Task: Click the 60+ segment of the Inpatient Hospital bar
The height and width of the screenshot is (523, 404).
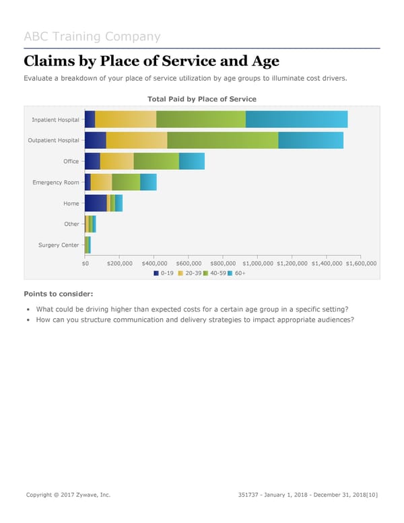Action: pyautogui.click(x=296, y=119)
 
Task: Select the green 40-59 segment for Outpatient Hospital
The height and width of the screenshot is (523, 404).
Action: pyautogui.click(x=222, y=140)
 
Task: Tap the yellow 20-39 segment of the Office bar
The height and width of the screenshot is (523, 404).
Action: pyautogui.click(x=116, y=161)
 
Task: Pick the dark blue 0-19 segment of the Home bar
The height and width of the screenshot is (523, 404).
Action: pyautogui.click(x=95, y=203)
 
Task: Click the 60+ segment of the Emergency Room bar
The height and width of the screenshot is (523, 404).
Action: pyautogui.click(x=148, y=182)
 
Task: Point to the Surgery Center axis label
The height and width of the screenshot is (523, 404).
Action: pyautogui.click(x=59, y=245)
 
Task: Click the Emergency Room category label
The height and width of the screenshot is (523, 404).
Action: pyautogui.click(x=55, y=183)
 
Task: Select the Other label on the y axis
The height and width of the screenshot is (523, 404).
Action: pyautogui.click(x=71, y=224)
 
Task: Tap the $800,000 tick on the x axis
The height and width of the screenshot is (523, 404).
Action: pyautogui.click(x=223, y=264)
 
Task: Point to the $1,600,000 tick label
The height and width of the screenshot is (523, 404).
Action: pyautogui.click(x=361, y=264)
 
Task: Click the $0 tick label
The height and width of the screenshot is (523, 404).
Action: pyautogui.click(x=85, y=264)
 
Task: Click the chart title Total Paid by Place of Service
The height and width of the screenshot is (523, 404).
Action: pyautogui.click(x=201, y=99)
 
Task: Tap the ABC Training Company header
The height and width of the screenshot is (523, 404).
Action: pyautogui.click(x=92, y=36)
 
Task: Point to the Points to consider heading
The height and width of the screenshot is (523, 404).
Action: pyautogui.click(x=59, y=294)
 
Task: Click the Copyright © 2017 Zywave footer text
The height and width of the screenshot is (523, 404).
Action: pyautogui.click(x=68, y=495)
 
